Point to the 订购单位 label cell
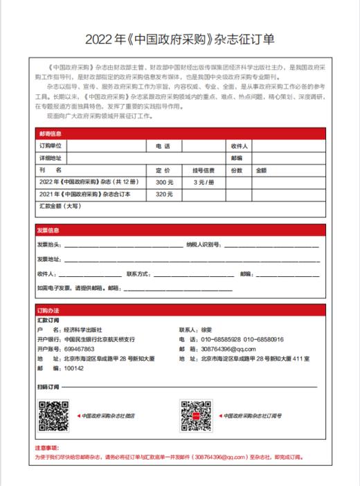pyautogui.click(x=51, y=146)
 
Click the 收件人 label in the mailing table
pyautogui.click(x=240, y=146)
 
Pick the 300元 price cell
pyautogui.click(x=165, y=181)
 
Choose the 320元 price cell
pyautogui.click(x=165, y=194)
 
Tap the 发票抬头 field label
pyautogui.click(x=49, y=245)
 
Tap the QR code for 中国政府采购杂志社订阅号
pyautogui.click(x=196, y=415)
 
